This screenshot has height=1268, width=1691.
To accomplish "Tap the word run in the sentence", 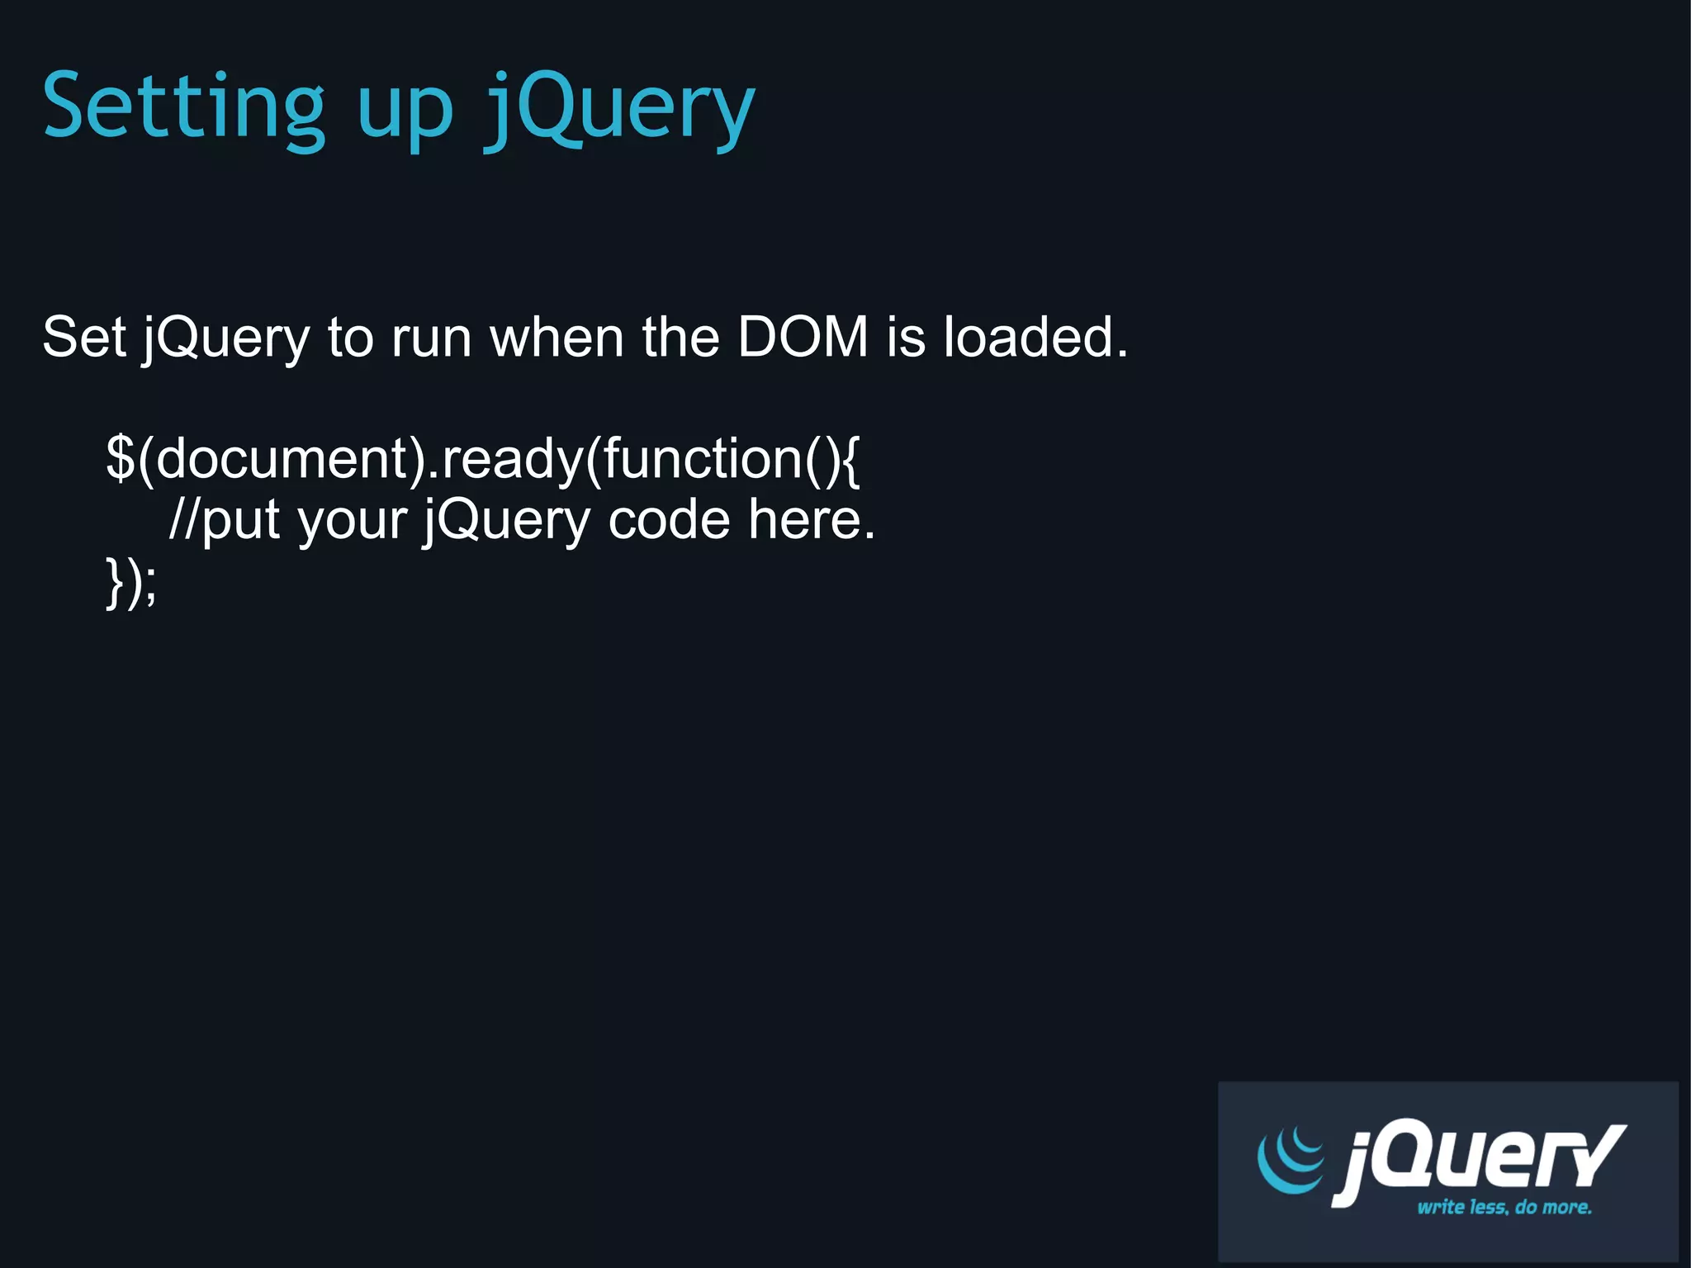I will [430, 338].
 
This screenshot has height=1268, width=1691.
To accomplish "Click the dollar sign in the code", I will [121, 458].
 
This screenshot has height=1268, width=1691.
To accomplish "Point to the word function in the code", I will [703, 458].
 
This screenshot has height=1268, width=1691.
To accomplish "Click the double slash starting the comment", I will [184, 519].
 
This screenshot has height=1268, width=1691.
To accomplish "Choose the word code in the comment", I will [669, 519].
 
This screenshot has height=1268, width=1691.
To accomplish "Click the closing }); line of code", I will [131, 582].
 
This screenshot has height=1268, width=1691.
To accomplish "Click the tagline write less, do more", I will [1504, 1207].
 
